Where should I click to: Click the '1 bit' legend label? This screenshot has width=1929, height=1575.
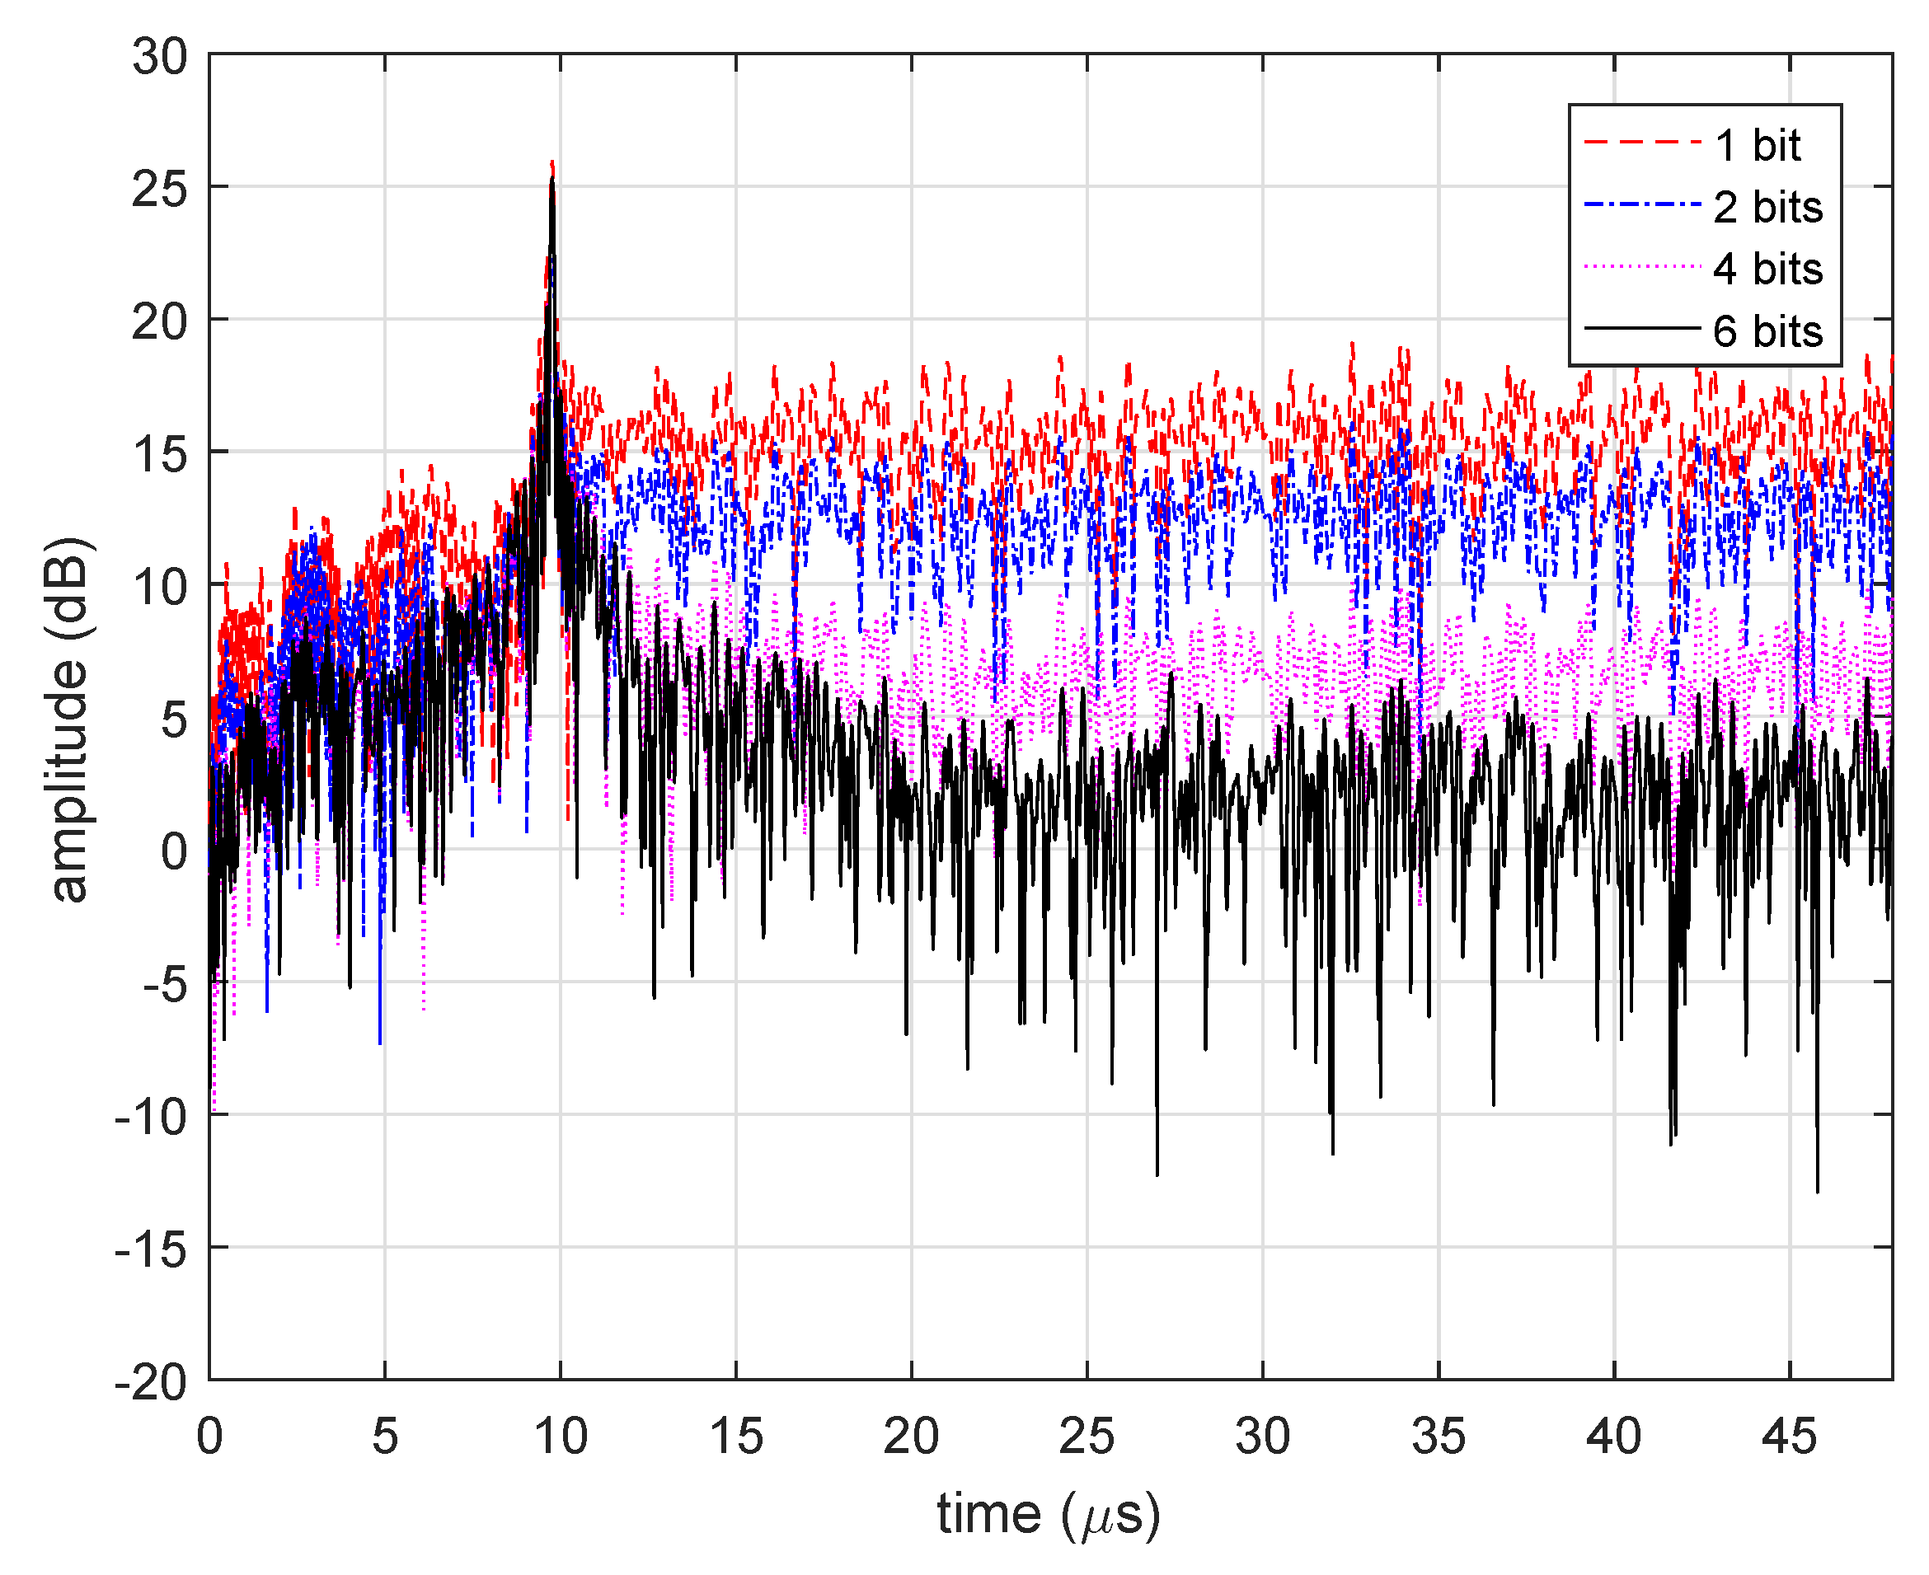click(1757, 146)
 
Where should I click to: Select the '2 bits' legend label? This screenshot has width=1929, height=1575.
click(1767, 208)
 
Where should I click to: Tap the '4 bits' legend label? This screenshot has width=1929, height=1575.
click(1767, 270)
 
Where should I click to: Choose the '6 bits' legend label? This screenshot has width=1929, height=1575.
click(1767, 331)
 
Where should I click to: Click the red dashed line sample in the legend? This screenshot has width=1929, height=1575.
click(1640, 143)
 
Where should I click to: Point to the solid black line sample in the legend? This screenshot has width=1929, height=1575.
click(1640, 328)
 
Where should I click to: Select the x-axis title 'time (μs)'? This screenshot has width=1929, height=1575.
click(1049, 1513)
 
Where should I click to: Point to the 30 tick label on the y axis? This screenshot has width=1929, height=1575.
click(160, 57)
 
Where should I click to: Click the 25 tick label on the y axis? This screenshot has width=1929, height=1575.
click(160, 190)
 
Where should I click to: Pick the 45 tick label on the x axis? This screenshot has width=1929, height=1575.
click(1789, 1437)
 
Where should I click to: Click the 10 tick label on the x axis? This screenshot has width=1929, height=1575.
click(561, 1437)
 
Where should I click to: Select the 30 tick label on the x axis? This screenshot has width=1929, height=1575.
click(1262, 1437)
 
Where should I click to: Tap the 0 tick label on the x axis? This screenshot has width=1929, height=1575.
click(209, 1437)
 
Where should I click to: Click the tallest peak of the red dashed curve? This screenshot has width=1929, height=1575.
click(552, 164)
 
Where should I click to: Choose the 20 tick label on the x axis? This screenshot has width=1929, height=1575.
click(911, 1437)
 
